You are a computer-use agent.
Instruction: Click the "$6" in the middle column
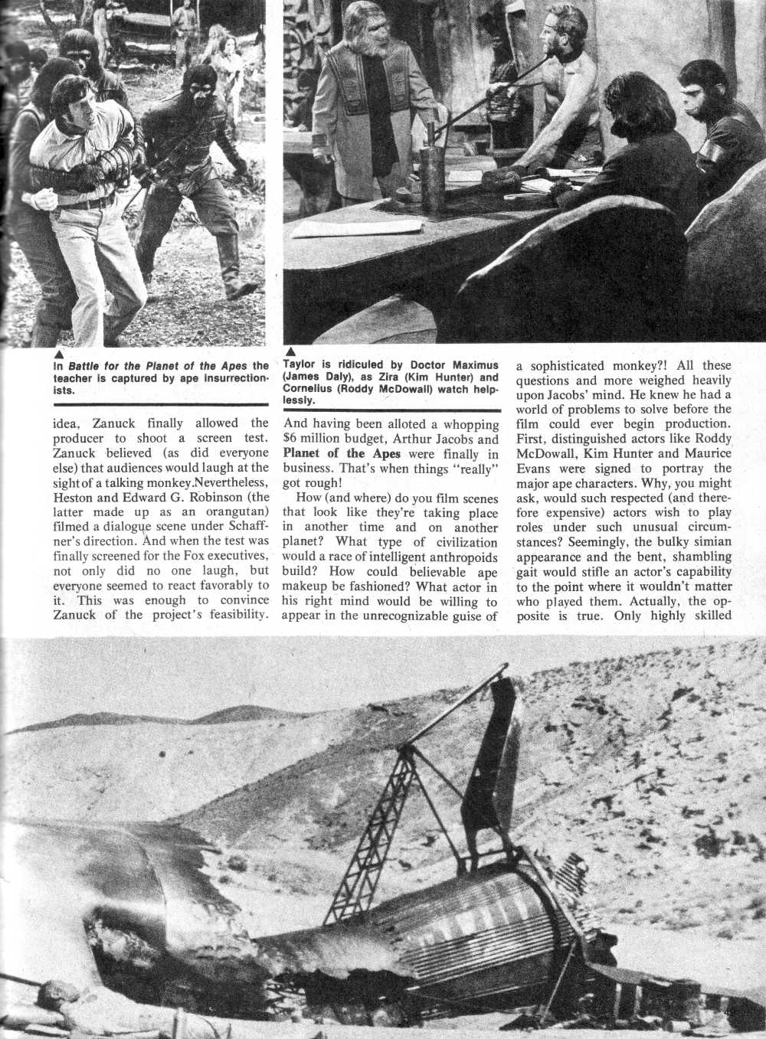click(x=293, y=439)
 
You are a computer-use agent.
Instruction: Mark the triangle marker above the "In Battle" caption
click(x=59, y=353)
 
